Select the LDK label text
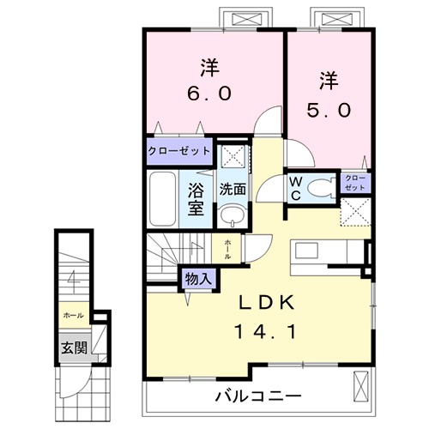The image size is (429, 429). pyautogui.click(x=265, y=304)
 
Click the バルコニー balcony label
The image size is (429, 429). pyautogui.click(x=257, y=396)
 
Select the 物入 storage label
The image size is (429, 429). pyautogui.click(x=199, y=279)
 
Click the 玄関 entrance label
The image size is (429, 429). pyautogui.click(x=74, y=347)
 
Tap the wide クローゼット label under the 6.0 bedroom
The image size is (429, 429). pyautogui.click(x=179, y=151)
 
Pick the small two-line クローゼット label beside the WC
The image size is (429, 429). pyautogui.click(x=355, y=183)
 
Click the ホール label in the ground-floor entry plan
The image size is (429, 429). pyautogui.click(x=72, y=316)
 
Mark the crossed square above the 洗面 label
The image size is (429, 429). pyautogui.click(x=230, y=158)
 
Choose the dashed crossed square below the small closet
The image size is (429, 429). pyautogui.click(x=355, y=211)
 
